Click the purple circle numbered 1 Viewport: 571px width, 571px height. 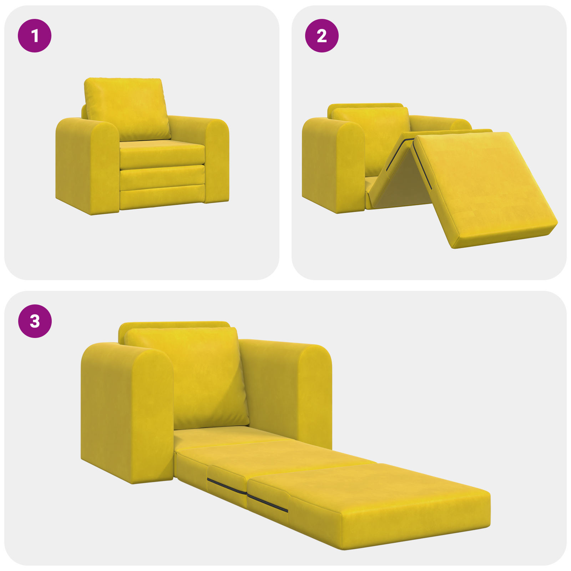(x=35, y=36)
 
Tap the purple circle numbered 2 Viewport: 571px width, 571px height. (x=322, y=36)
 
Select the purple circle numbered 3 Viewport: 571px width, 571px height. (x=35, y=321)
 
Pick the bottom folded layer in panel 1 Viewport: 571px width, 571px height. (x=162, y=198)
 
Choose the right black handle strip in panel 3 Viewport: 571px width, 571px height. (x=268, y=503)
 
